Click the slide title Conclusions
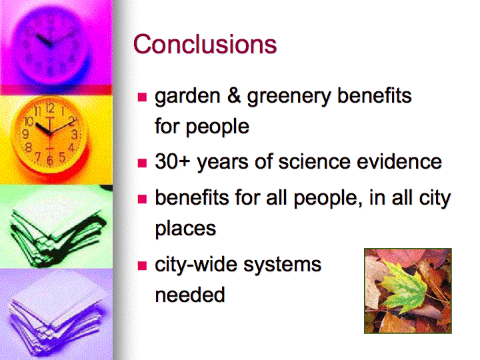click(x=205, y=44)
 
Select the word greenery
click(x=289, y=97)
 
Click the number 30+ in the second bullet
click(x=173, y=161)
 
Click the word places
click(x=185, y=229)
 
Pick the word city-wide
click(x=195, y=265)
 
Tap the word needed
click(x=190, y=294)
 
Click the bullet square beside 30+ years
click(x=143, y=163)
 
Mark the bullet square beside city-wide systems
click(x=143, y=265)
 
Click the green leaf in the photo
click(x=403, y=286)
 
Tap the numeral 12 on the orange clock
click(x=50, y=108)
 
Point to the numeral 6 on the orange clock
click(x=49, y=160)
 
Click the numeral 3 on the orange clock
click(x=74, y=135)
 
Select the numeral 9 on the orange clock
click(x=26, y=134)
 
